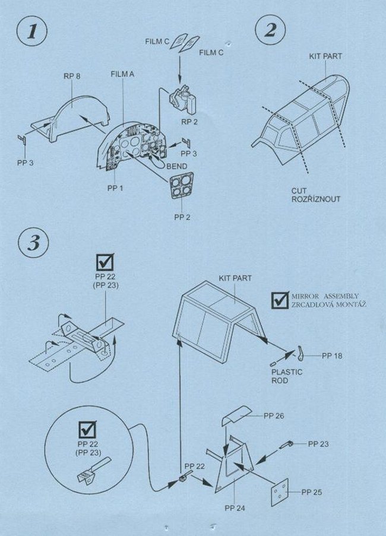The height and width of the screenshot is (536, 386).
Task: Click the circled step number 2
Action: click(270, 30)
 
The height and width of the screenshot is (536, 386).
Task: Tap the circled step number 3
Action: click(33, 243)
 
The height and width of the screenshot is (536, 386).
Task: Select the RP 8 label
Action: click(72, 76)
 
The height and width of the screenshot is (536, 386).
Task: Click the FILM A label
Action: click(122, 74)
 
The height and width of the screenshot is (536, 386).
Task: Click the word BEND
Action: click(177, 166)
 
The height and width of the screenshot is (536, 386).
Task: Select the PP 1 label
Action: click(115, 188)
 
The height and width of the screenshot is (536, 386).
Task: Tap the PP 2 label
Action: click(182, 217)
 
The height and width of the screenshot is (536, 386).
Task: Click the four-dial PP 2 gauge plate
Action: click(181, 186)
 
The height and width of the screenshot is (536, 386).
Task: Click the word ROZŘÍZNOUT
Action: click(316, 199)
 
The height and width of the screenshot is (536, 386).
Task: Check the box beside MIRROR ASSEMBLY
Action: click(280, 300)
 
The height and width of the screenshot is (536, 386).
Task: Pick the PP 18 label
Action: click(332, 356)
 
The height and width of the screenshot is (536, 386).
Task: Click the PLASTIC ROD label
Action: click(287, 376)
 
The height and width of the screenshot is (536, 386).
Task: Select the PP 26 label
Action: click(274, 416)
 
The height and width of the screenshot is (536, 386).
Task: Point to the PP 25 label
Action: click(311, 492)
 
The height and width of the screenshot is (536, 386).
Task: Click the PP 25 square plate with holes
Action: click(280, 493)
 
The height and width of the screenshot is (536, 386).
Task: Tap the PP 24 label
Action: click(235, 508)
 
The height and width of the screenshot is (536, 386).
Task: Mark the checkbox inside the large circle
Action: click(87, 430)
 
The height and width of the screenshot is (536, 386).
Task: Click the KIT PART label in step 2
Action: click(325, 56)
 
